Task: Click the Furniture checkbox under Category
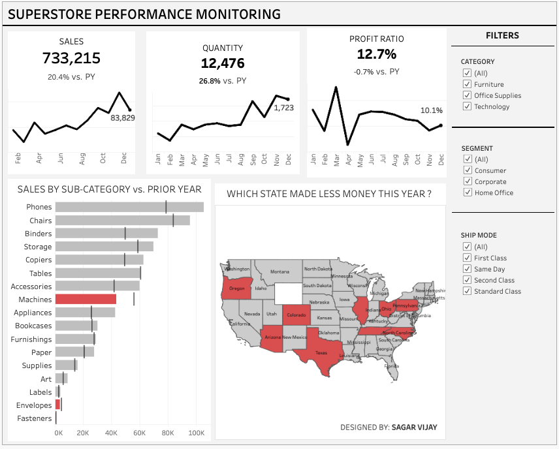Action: [x=467, y=84]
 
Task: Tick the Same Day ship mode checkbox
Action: [x=467, y=269]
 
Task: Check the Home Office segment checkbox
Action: [x=467, y=193]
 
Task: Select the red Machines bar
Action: [x=86, y=299]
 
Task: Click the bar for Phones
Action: [x=129, y=207]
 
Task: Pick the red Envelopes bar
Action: [x=57, y=405]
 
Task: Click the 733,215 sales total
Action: [x=71, y=58]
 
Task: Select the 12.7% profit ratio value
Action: [x=377, y=54]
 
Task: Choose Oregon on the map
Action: [x=236, y=288]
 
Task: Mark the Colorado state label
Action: [x=295, y=315]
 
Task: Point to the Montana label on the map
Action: [x=279, y=271]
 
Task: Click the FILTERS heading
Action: [x=502, y=36]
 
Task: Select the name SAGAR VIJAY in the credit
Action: [x=414, y=427]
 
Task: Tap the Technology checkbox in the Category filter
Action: [x=467, y=106]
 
